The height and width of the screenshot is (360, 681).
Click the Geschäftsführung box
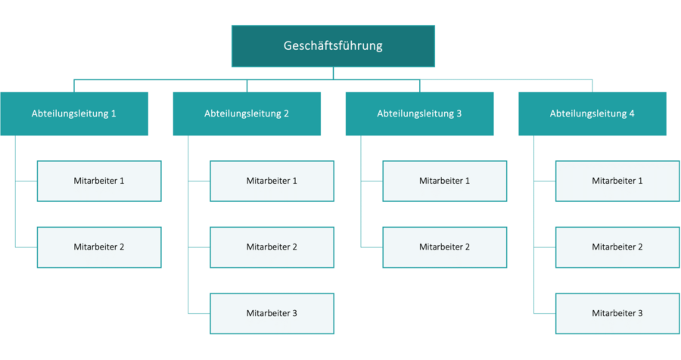click(x=333, y=46)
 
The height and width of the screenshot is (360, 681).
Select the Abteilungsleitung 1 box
click(x=74, y=113)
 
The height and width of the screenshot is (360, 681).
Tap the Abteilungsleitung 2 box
click(x=247, y=113)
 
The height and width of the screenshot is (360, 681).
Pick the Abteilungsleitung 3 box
click(x=419, y=113)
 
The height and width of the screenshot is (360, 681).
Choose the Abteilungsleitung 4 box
click(x=592, y=113)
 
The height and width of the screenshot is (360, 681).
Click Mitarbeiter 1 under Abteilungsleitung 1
click(x=99, y=181)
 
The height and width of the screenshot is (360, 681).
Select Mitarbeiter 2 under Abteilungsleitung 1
click(x=99, y=247)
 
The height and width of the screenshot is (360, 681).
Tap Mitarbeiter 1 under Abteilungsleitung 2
click(x=272, y=181)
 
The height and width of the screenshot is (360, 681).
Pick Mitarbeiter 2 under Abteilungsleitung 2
click(x=272, y=247)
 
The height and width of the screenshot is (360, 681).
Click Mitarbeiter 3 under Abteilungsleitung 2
click(x=272, y=313)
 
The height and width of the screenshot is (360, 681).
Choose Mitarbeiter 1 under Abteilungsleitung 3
click(x=444, y=181)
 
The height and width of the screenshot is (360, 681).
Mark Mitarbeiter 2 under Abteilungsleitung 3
click(x=444, y=247)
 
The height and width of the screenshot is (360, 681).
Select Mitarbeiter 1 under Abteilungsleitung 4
click(x=617, y=181)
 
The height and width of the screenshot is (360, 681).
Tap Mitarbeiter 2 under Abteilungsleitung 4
click(x=617, y=247)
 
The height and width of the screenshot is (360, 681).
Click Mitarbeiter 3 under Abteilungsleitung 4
click(x=617, y=313)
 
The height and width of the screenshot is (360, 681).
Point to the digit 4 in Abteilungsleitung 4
click(x=632, y=113)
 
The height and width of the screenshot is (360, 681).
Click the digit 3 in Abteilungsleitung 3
click(x=459, y=113)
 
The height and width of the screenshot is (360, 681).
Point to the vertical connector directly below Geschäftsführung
click(x=333, y=73)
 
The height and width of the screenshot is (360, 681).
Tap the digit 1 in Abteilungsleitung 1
click(x=114, y=113)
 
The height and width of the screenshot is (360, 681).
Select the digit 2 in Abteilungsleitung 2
click(x=287, y=113)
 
